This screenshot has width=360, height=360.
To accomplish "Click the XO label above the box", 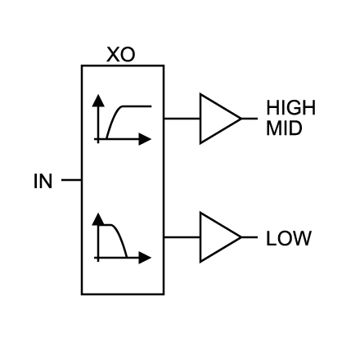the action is click(120, 55).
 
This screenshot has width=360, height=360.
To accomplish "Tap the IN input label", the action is click(43, 181).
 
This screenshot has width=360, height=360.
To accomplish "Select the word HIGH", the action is click(290, 107).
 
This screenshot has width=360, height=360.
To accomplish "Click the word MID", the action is click(284, 128).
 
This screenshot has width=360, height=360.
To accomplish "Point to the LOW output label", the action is click(289, 238).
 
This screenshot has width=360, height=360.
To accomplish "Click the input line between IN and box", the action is click(71, 180).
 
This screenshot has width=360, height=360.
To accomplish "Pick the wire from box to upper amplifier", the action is click(182, 119).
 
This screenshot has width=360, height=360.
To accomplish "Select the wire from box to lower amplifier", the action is click(182, 237).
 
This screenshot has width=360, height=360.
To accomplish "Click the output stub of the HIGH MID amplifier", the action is click(250, 119).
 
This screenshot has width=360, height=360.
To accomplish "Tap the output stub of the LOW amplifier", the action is click(250, 237).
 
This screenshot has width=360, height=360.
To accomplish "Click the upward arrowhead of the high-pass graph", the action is click(98, 101).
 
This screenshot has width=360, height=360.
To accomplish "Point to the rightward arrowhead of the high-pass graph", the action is click(145, 139).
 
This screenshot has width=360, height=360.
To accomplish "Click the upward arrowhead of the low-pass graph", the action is click(98, 219).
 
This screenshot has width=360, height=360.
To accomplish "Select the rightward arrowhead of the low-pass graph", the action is click(145, 258).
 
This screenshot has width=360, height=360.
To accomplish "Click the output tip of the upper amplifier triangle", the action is click(242, 119).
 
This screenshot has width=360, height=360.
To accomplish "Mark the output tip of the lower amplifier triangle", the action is click(242, 237).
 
